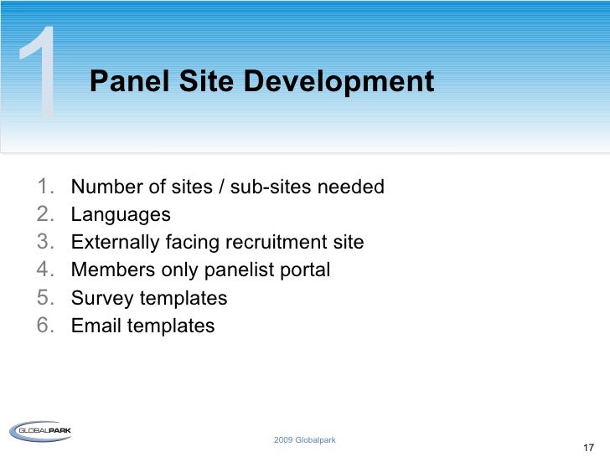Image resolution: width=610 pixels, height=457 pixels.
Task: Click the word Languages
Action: click(x=121, y=215)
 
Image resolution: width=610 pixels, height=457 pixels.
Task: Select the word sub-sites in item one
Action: click(x=269, y=187)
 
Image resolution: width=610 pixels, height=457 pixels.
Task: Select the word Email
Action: click(x=96, y=326)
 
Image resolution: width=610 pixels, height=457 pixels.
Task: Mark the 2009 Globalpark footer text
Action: click(x=304, y=440)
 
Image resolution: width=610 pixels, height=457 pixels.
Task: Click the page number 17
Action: click(x=587, y=447)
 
